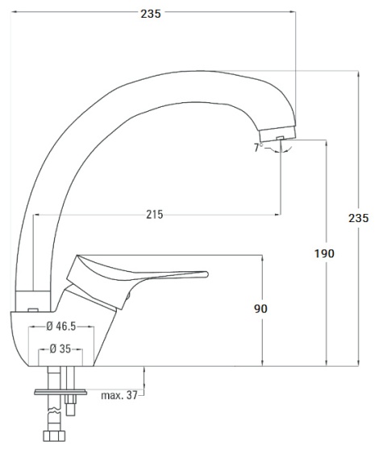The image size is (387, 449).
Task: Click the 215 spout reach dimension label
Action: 156,214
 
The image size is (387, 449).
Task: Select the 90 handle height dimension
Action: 260,308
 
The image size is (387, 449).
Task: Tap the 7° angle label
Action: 258,148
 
